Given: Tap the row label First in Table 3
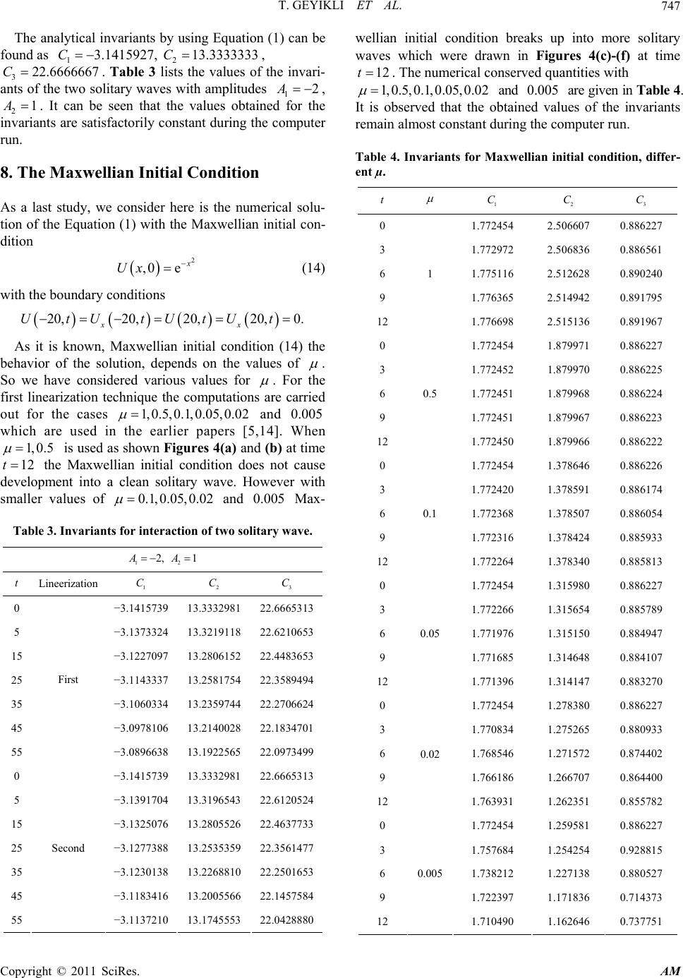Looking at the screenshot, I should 68,680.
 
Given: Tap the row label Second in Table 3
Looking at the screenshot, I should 68,848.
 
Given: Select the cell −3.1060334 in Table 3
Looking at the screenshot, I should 140,704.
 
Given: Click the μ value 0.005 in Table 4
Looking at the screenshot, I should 430,873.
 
